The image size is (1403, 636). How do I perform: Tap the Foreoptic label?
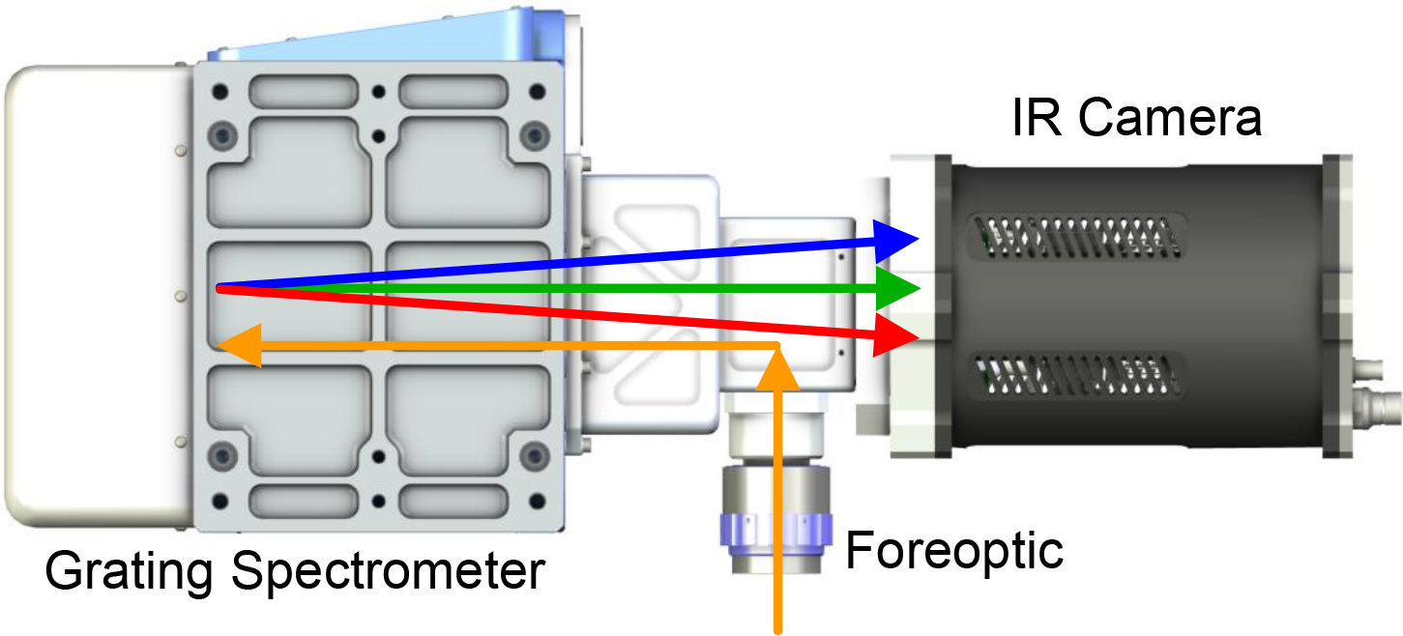pos(954,550)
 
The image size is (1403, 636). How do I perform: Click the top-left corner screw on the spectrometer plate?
pos(224,132)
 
